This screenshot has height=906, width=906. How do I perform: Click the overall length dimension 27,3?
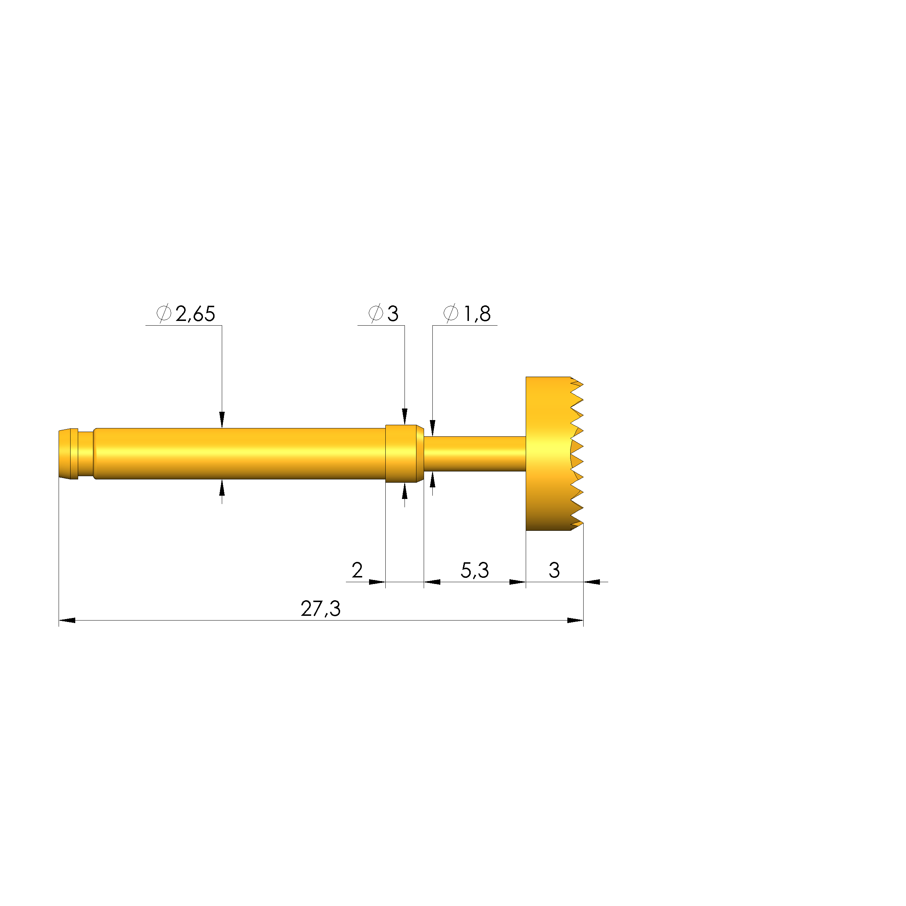(x=320, y=609)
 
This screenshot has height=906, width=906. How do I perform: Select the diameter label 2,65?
(x=195, y=314)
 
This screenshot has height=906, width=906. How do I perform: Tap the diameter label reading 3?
(x=393, y=314)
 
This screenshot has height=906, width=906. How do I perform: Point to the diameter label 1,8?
(x=477, y=314)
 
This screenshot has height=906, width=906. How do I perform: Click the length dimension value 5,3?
(x=475, y=571)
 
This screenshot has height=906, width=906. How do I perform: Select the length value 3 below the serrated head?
(x=554, y=570)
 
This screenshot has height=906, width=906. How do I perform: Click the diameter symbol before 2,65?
(x=164, y=313)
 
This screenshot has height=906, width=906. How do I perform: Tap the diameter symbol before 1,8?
(x=451, y=313)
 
